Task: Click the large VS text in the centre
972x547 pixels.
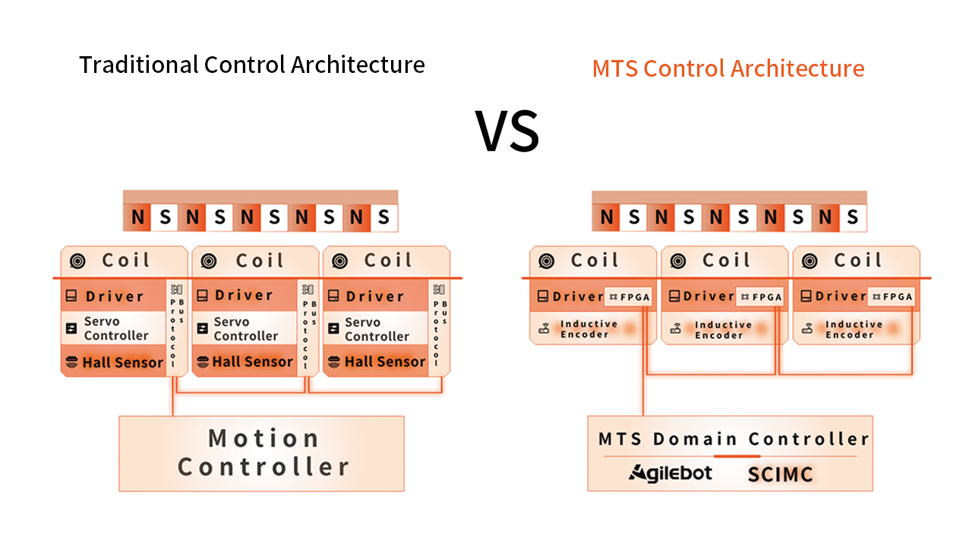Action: (x=507, y=131)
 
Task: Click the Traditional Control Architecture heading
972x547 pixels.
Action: (x=251, y=65)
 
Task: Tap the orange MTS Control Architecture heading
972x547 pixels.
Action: (x=727, y=68)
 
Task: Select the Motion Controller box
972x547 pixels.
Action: (x=262, y=453)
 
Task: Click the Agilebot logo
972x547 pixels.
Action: (x=671, y=473)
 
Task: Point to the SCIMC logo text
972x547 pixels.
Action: (x=780, y=475)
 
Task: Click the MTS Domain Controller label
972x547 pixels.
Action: (x=734, y=439)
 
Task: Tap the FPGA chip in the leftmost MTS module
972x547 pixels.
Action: (x=627, y=297)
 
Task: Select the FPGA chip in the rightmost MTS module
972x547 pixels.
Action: (x=892, y=297)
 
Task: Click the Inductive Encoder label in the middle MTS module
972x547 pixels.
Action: (x=723, y=330)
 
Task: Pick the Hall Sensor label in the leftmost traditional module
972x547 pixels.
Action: (x=122, y=362)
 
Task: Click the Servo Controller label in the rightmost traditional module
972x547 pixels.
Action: (x=376, y=329)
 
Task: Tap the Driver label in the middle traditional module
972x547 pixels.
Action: (x=243, y=296)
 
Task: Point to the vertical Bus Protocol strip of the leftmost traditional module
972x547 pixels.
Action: (x=176, y=325)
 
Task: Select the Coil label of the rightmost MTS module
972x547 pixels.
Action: (x=858, y=261)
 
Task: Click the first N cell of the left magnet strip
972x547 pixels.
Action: (x=137, y=218)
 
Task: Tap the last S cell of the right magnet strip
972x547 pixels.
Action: (x=852, y=218)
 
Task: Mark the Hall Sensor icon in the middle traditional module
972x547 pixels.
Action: (x=203, y=362)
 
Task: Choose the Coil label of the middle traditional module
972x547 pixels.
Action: (x=260, y=261)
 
